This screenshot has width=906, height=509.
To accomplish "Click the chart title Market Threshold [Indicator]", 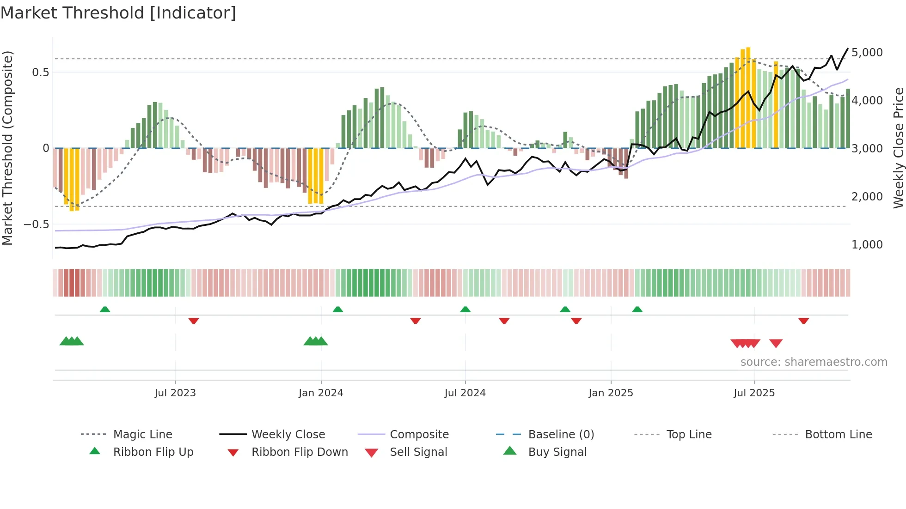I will point(118,13).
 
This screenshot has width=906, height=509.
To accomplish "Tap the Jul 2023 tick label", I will point(175,393).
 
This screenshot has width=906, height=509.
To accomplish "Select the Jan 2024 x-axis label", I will point(321,393).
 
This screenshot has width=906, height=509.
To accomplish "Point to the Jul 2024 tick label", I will point(465,393).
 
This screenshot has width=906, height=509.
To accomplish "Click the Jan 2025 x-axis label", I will point(611,393).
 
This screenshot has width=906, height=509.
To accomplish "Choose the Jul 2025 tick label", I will point(754,393).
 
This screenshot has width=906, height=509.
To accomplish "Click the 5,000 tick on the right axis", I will point(867,53).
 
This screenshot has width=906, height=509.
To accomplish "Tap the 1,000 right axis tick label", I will point(867,245).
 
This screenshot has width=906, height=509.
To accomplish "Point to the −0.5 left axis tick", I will point(37,224).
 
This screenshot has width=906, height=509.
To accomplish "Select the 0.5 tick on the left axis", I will point(40,73).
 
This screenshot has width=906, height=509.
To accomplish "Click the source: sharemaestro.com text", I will point(814,362).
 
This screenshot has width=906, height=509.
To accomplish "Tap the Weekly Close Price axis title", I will point(898,148).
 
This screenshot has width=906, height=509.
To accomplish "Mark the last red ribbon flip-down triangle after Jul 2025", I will point(803,321).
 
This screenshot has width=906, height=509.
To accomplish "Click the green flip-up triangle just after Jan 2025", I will point(637,309).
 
